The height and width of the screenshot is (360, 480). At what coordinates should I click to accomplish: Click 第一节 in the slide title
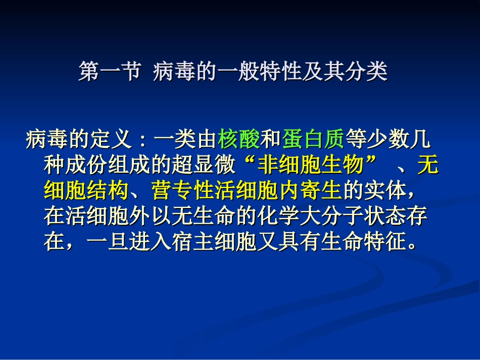click(x=109, y=72)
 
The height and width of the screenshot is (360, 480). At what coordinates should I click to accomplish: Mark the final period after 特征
click(x=412, y=247)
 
